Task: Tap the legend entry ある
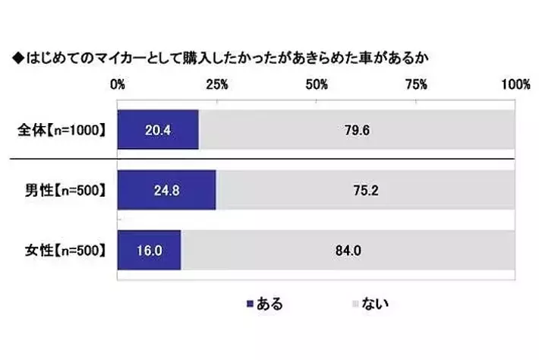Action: pyautogui.click(x=265, y=305)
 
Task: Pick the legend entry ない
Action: pyautogui.click(x=371, y=305)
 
